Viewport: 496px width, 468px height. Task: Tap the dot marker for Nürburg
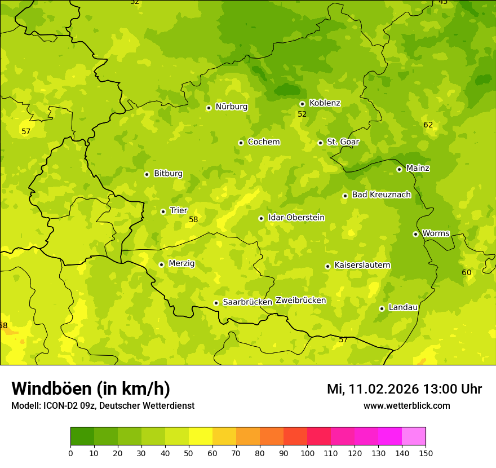[209, 108]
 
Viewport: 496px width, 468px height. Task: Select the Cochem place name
[263, 142]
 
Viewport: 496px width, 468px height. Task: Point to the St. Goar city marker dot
[320, 143]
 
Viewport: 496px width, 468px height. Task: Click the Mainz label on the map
[418, 168]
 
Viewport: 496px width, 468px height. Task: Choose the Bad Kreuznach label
[381, 195]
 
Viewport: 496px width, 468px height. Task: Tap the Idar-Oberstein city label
[296, 218]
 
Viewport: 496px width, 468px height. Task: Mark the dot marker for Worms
[415, 234]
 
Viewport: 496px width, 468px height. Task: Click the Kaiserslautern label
[362, 265]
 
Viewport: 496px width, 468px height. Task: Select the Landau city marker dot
[382, 308]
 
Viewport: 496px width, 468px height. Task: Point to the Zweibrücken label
[300, 301]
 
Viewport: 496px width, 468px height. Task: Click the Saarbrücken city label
[247, 302]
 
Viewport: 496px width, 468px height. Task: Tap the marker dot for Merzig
[161, 264]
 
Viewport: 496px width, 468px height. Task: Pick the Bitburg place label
[168, 174]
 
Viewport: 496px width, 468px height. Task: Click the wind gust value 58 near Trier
[193, 219]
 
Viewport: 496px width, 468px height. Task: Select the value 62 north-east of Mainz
[428, 125]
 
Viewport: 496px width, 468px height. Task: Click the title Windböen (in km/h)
[91, 388]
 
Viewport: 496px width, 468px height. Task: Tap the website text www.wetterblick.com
[406, 406]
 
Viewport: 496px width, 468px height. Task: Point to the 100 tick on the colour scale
[307, 453]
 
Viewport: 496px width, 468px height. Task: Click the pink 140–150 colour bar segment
[414, 436]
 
